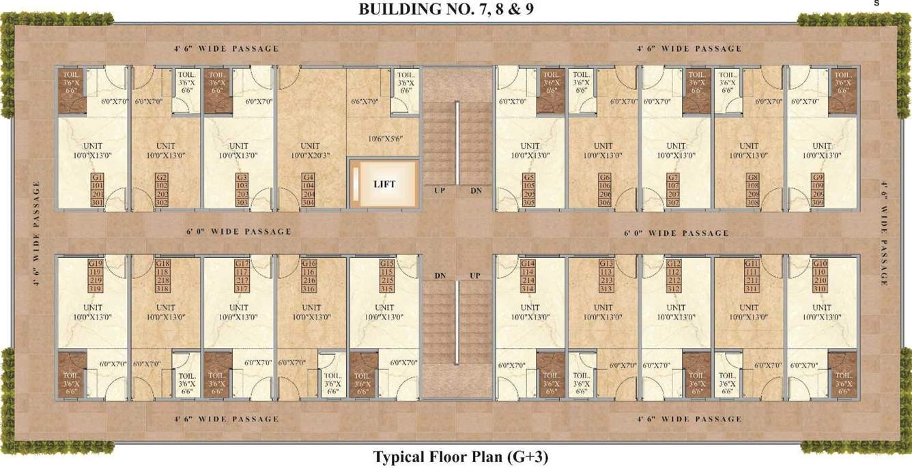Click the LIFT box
(x=384, y=184)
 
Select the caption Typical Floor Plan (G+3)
(x=460, y=456)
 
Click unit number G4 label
(x=309, y=177)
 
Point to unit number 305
(x=528, y=203)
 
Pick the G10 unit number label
(x=821, y=264)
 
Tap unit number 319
(x=96, y=289)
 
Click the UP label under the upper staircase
(x=440, y=190)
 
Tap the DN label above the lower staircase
(x=440, y=275)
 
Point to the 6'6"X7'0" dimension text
(x=365, y=101)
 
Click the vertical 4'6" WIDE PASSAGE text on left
(x=36, y=234)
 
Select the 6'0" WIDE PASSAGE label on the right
(x=676, y=233)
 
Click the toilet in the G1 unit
(x=72, y=90)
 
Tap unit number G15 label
(x=387, y=264)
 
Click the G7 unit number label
(x=673, y=177)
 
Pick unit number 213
(x=606, y=280)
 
